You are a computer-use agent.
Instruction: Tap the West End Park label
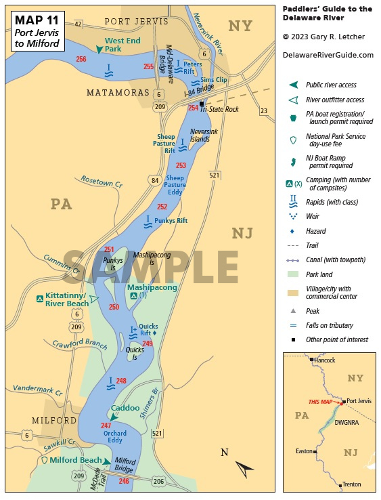tap(122, 45)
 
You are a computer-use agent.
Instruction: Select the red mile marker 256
tap(81, 60)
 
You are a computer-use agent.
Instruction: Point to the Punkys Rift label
tap(170, 220)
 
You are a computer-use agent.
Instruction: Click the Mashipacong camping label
tap(152, 287)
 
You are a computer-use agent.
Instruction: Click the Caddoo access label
tap(125, 409)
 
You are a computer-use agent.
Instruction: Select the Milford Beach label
tap(77, 461)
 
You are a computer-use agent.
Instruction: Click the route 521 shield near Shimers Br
tap(158, 433)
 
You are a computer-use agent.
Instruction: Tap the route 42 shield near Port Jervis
tap(78, 24)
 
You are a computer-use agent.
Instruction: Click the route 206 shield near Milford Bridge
tap(157, 481)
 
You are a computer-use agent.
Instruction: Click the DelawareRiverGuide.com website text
tap(328, 55)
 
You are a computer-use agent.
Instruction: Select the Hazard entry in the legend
tap(315, 231)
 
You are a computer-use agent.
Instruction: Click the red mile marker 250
tap(114, 307)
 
